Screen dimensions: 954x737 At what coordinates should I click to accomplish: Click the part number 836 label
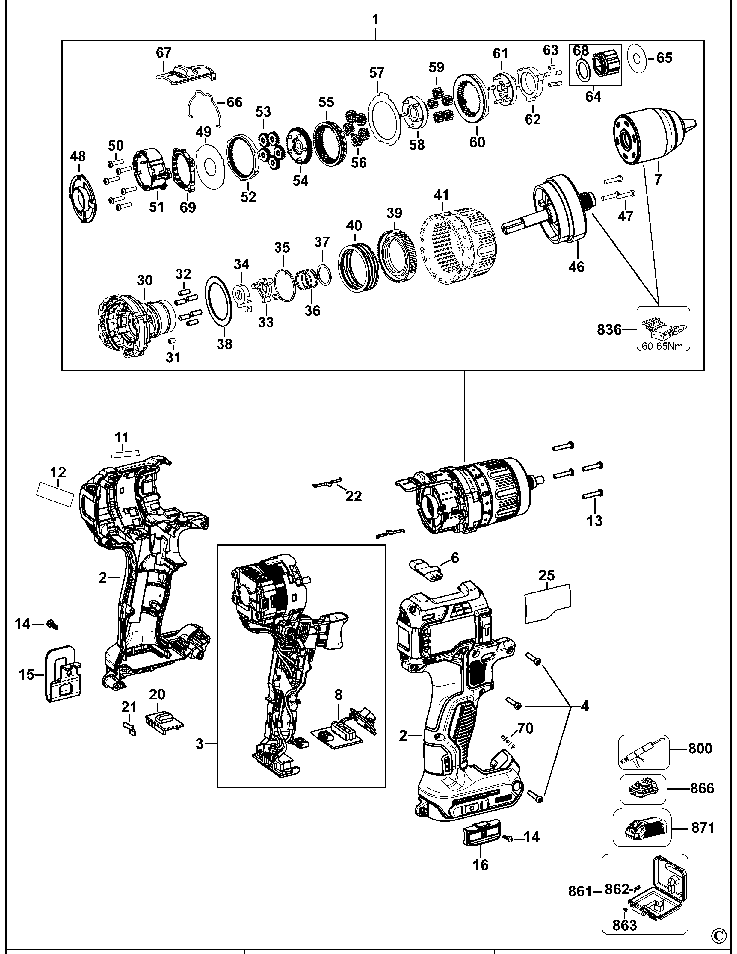tap(609, 330)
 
